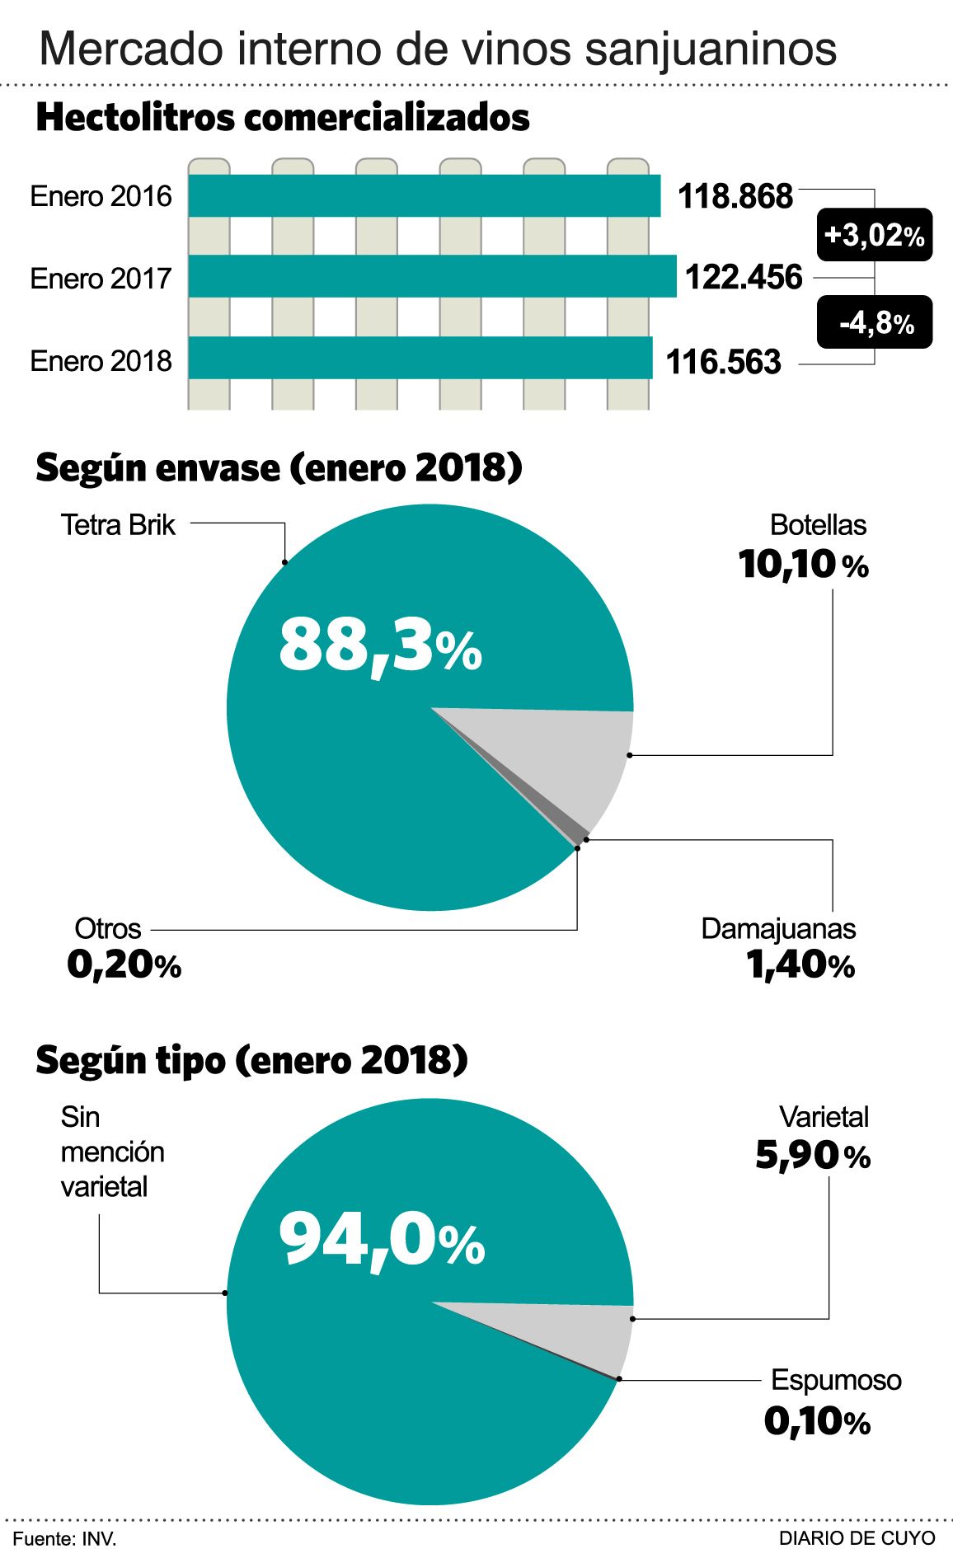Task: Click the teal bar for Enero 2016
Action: coord(424,195)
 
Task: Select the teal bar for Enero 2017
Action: coord(432,276)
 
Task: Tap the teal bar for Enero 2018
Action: coord(420,358)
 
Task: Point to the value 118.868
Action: coord(735,196)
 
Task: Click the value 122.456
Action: coord(743,277)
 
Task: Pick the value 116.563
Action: coord(723,361)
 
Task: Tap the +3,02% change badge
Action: coord(874,235)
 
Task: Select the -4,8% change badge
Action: coord(875,322)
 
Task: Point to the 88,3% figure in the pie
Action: coord(380,647)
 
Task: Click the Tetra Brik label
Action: coord(118,525)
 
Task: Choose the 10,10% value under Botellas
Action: coord(803,565)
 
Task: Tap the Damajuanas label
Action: coord(777,928)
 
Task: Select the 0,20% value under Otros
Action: coord(124,965)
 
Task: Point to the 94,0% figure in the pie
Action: coord(382,1241)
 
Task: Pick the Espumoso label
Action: coord(835,1380)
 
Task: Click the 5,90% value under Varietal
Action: coord(812,1156)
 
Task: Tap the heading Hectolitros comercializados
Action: coord(282,118)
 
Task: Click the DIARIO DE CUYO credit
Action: coord(857,1538)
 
